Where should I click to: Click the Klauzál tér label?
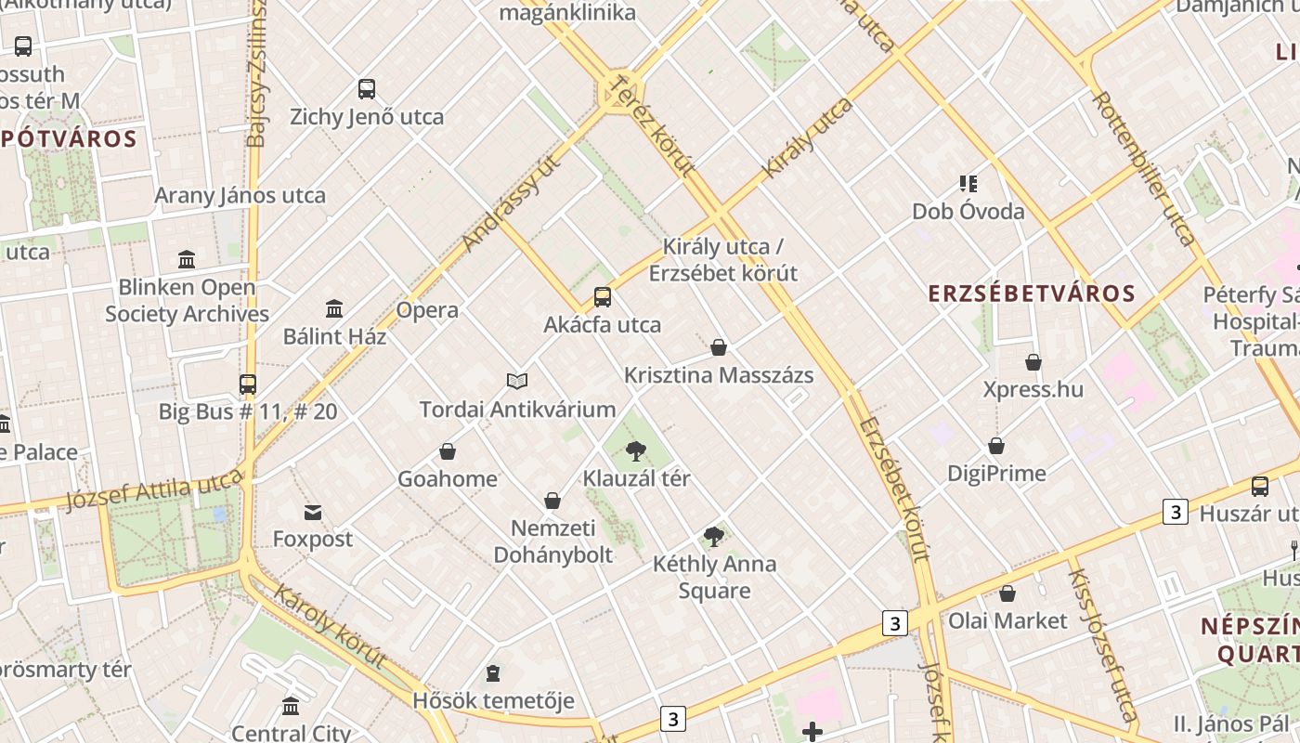(636, 479)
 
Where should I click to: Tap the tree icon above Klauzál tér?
(636, 451)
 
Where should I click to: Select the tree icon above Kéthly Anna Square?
(714, 536)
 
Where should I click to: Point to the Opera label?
(427, 310)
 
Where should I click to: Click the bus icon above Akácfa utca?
(603, 297)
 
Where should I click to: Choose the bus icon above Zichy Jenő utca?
(367, 89)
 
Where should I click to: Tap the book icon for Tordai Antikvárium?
(517, 381)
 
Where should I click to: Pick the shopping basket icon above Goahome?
(448, 451)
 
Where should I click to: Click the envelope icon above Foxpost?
(313, 512)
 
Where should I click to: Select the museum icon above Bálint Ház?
(334, 308)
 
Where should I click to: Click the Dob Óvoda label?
(968, 211)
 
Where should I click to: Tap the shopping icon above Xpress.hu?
(1033, 362)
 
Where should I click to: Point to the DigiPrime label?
(996, 474)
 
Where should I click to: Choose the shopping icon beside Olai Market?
(1007, 593)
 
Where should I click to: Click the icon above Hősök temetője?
(493, 672)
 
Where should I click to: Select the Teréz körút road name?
(651, 125)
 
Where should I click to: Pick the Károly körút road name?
(330, 627)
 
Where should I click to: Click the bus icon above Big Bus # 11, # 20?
(248, 384)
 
